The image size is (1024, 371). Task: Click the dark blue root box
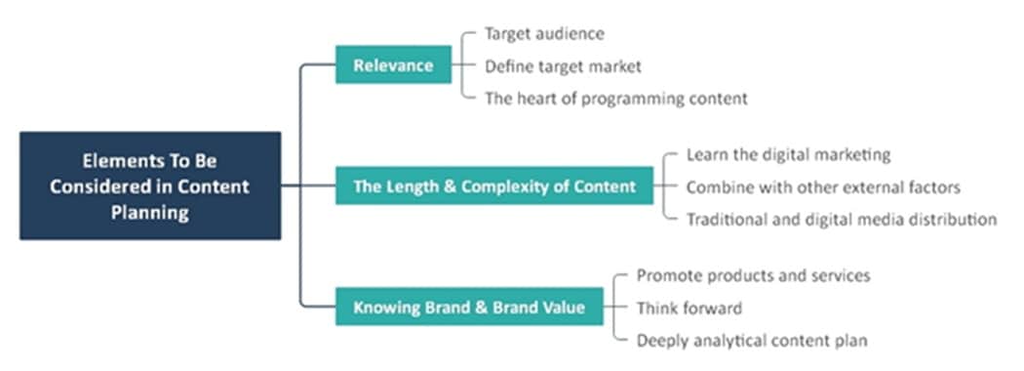150,185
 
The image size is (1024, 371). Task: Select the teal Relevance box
393,65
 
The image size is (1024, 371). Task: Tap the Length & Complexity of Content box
494,186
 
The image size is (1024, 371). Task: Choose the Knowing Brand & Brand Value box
469,308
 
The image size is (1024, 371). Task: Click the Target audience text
544,34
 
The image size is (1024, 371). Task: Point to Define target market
563,66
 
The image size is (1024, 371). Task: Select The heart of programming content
615,98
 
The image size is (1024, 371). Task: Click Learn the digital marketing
788,155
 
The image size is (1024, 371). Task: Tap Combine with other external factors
823,186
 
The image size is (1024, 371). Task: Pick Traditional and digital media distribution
841,219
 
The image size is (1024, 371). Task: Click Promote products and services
753,275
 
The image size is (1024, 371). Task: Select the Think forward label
689,308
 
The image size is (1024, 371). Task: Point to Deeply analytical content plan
751,340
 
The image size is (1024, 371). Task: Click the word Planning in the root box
150,211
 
